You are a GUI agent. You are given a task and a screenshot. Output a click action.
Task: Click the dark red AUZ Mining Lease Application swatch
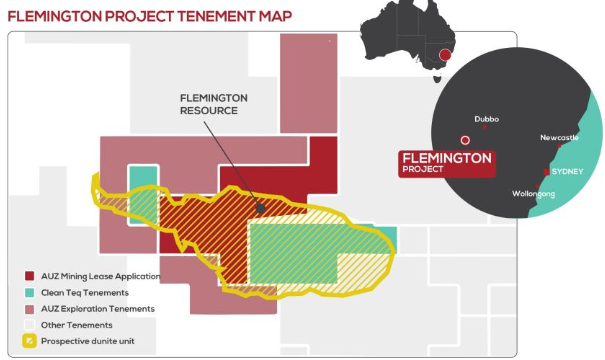(x=30, y=275)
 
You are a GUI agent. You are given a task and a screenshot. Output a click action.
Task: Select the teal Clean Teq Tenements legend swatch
(x=30, y=292)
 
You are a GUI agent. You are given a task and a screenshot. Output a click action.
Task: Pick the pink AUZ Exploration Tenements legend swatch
(x=30, y=308)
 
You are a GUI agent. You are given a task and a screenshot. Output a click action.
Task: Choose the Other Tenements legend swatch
(x=30, y=324)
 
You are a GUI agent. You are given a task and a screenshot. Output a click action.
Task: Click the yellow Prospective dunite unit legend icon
(x=30, y=341)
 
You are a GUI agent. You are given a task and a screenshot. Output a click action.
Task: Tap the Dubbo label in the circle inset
(x=488, y=118)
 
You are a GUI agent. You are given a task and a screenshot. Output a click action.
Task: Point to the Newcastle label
(x=559, y=137)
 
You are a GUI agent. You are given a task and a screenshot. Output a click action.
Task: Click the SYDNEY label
(x=568, y=171)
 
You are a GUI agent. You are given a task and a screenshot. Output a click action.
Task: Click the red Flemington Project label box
(x=446, y=162)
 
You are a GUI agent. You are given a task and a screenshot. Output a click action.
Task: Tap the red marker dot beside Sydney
(x=545, y=173)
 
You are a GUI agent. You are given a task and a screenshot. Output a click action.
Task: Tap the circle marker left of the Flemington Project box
(x=464, y=141)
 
